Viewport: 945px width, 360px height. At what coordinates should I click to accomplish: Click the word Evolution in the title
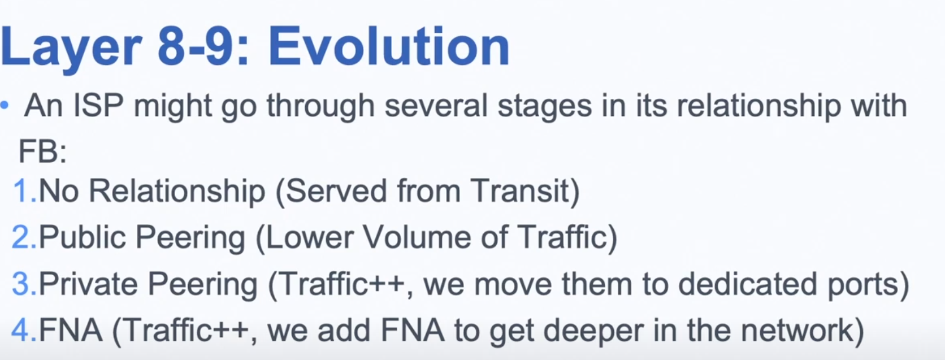(389, 46)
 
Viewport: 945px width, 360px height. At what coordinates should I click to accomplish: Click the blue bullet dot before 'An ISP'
(5, 105)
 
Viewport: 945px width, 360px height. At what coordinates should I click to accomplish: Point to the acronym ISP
(98, 105)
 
